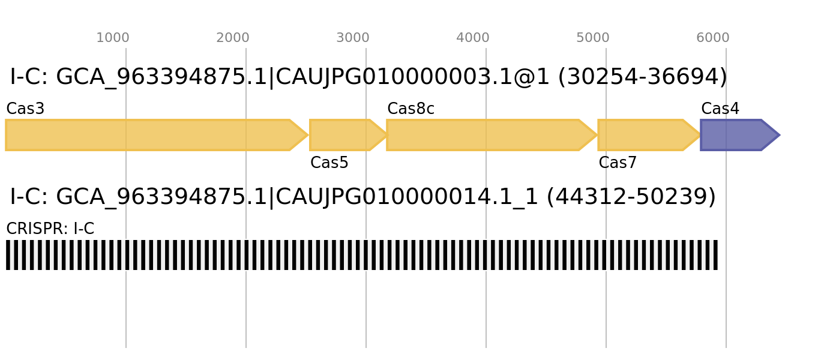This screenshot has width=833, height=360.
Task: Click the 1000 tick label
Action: pyautogui.click(x=113, y=38)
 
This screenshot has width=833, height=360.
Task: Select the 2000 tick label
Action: pyautogui.click(x=233, y=38)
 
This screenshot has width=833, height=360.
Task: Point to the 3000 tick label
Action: pyautogui.click(x=353, y=38)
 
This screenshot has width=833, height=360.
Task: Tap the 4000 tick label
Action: pyautogui.click(x=473, y=38)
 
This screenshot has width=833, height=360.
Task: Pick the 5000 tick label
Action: pyautogui.click(x=593, y=38)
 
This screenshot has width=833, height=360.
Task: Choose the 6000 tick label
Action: pyautogui.click(x=713, y=38)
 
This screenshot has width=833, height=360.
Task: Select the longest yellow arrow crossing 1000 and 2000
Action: pyautogui.click(x=150, y=135)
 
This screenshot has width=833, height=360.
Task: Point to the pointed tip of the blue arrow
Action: pyautogui.click(x=780, y=135)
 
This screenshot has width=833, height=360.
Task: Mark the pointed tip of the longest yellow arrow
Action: pyautogui.click(x=307, y=135)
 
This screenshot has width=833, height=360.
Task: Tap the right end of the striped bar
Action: pyautogui.click(x=717, y=255)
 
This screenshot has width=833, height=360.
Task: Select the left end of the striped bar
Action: pyautogui.click(x=7, y=255)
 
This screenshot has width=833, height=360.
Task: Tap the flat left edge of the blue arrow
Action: pyautogui.click(x=701, y=135)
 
